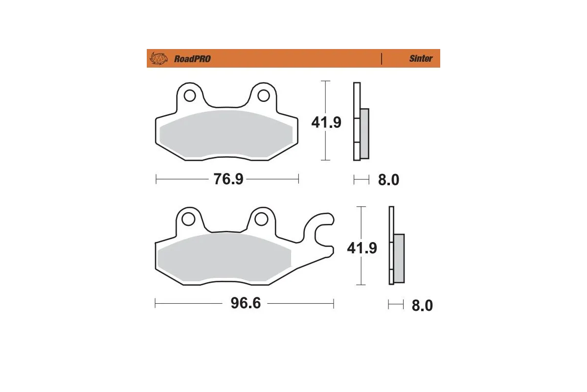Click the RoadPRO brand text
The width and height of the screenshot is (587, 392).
tap(192, 59)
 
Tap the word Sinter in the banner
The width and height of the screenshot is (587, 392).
tap(421, 59)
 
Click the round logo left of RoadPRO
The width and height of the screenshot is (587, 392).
tap(158, 59)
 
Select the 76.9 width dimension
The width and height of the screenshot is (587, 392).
tap(228, 179)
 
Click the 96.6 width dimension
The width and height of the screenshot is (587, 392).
tap(246, 304)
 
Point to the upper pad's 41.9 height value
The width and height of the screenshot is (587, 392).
tap(326, 122)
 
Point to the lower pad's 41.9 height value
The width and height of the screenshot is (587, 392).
tap(362, 248)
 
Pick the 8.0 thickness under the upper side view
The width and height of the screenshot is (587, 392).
tap(388, 180)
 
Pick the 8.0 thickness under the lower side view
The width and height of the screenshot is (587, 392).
tap(422, 306)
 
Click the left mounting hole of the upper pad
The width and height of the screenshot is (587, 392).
tap(189, 94)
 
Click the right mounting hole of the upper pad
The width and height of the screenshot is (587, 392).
tap(263, 94)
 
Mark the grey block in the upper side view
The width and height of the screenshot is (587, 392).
tap(364, 133)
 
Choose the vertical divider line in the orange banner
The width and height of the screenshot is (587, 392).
tap(381, 59)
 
